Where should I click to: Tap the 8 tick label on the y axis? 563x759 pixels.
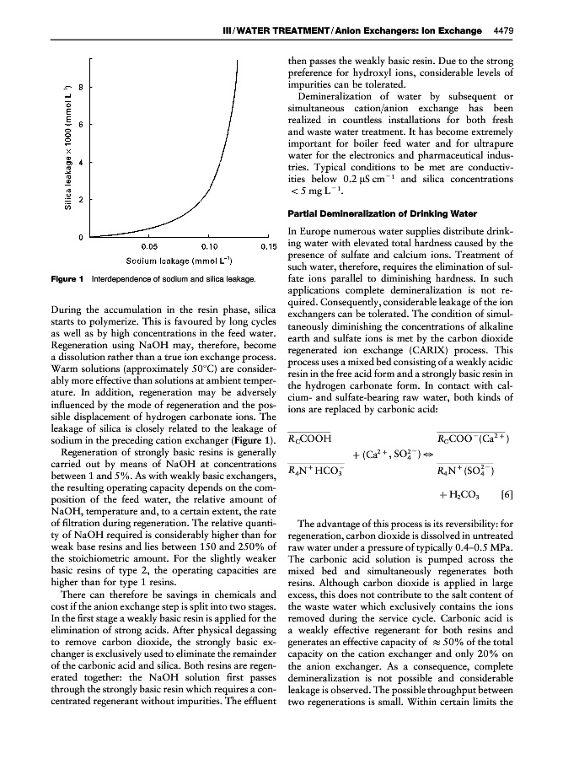[80, 87]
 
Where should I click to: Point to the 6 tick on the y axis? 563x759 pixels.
[80, 125]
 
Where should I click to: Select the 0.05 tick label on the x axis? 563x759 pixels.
[150, 246]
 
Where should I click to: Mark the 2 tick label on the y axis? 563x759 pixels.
[80, 200]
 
